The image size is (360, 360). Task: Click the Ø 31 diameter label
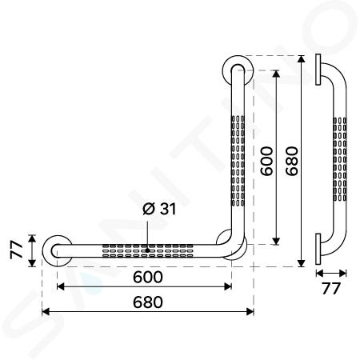point(159,209)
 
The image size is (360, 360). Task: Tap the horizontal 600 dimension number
point(148,277)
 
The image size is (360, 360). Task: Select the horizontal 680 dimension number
point(148,302)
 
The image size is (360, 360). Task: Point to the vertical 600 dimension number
point(267,161)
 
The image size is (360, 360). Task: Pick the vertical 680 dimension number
point(291,161)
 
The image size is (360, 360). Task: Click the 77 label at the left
point(17,250)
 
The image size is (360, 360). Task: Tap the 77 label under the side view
point(331,289)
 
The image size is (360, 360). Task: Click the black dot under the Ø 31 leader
point(147,250)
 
